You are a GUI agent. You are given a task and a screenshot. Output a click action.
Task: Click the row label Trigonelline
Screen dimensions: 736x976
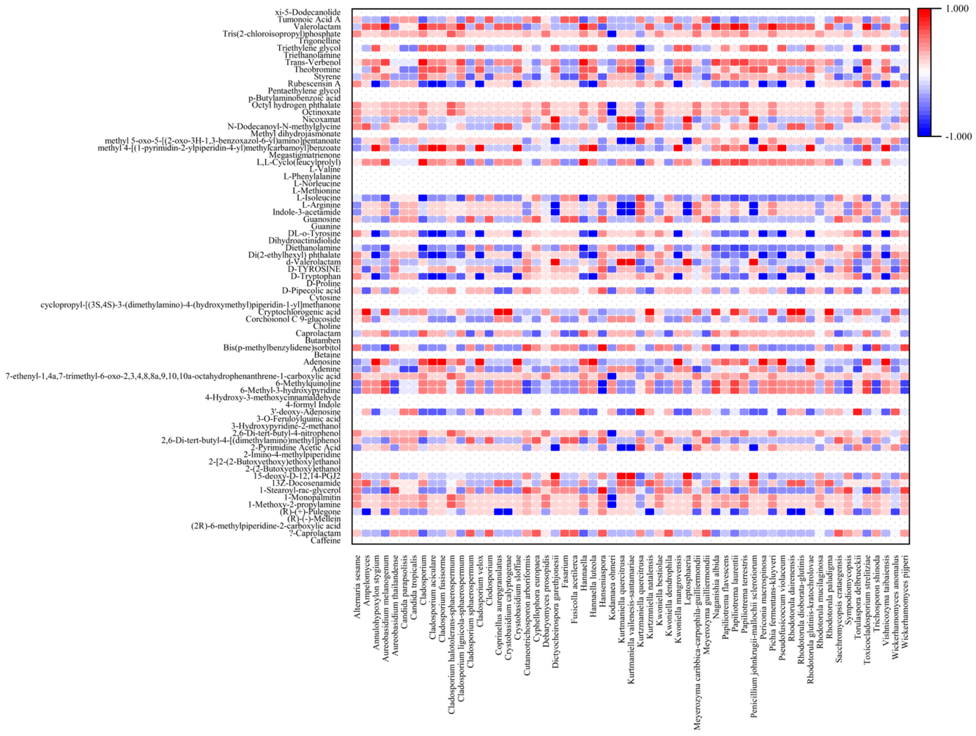[x=319, y=41]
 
